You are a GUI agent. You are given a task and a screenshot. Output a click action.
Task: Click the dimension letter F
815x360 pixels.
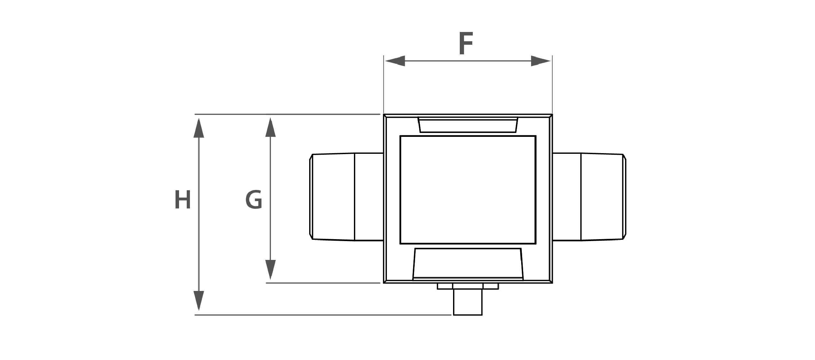(x=466, y=43)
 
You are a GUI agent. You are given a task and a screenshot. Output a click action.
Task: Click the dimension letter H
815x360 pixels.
(x=183, y=200)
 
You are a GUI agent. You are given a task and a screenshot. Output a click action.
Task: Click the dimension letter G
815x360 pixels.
(x=254, y=200)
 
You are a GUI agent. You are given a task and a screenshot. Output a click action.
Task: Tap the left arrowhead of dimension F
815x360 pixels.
(x=395, y=61)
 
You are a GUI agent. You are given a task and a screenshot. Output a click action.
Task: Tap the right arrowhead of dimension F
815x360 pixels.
(x=541, y=61)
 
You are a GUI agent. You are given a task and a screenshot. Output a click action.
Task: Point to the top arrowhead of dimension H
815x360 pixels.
(x=199, y=128)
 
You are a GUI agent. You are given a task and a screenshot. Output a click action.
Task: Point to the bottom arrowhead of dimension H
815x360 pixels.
(x=199, y=301)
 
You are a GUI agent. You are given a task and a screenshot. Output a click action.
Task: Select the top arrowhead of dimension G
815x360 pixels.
(x=270, y=127)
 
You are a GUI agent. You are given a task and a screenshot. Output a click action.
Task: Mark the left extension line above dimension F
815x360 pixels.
(x=384, y=84)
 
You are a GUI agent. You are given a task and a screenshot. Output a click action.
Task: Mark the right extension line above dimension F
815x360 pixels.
(x=552, y=84)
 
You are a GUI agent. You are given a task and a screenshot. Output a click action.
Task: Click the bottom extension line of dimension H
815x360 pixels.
(x=323, y=315)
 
